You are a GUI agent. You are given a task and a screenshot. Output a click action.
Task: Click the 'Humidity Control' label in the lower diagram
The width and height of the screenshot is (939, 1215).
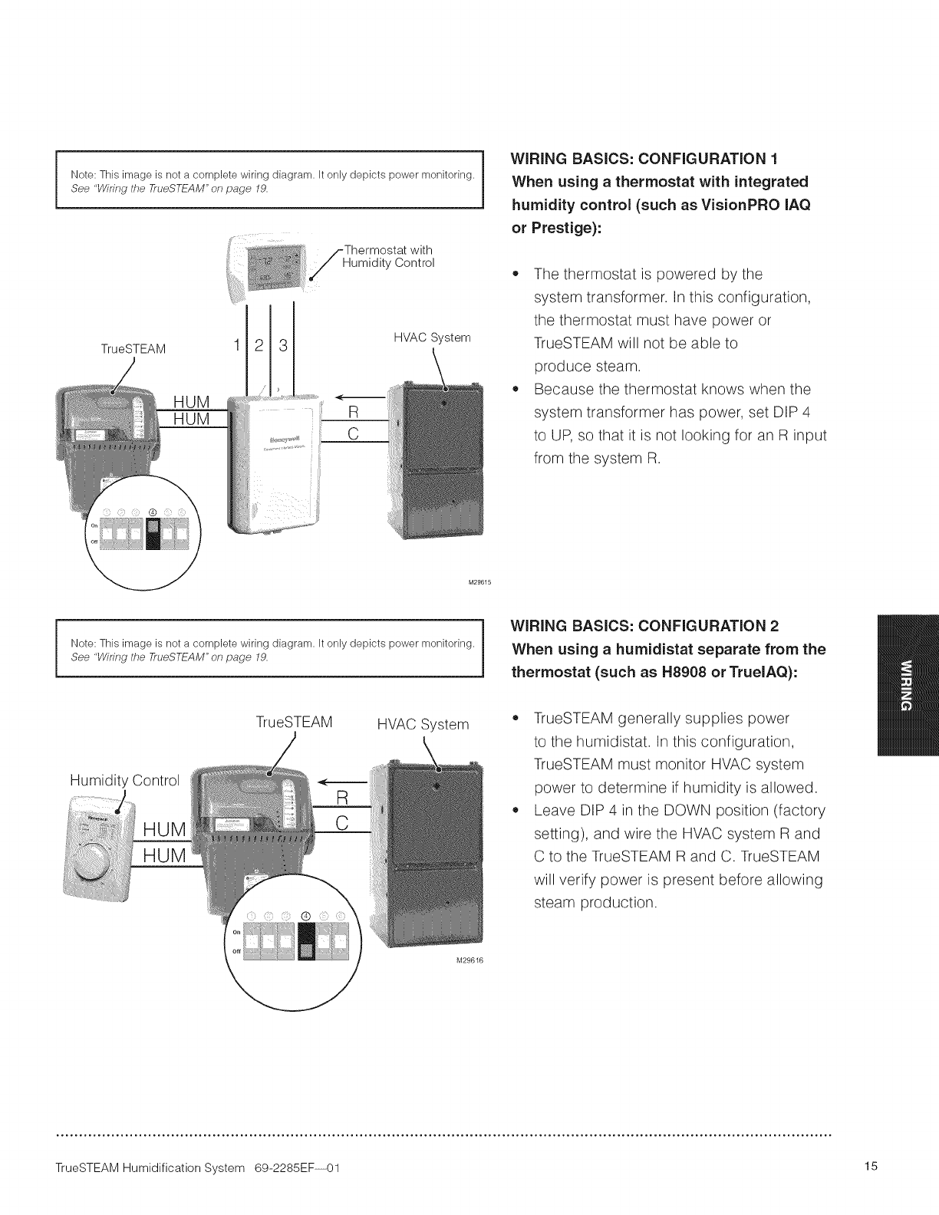[124, 781]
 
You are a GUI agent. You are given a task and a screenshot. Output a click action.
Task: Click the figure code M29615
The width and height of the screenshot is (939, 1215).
[479, 581]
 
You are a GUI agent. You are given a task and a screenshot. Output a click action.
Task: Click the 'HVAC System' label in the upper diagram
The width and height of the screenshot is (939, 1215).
[432, 337]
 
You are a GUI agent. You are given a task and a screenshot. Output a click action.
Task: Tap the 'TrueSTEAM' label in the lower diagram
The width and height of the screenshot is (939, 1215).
[294, 723]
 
